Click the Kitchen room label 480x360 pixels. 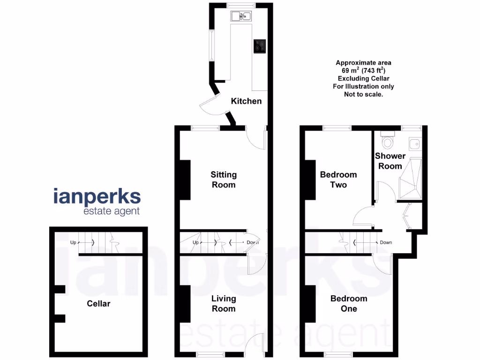(x=246, y=101)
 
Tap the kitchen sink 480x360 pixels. (x=242, y=17)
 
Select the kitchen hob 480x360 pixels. (x=260, y=46)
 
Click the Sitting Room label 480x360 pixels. (x=224, y=180)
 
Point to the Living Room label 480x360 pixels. (x=224, y=303)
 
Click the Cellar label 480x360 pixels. (x=99, y=304)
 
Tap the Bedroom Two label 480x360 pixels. (x=338, y=180)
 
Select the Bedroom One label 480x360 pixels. (x=349, y=303)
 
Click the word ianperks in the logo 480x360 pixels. (x=97, y=196)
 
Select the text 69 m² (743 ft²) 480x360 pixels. (x=363, y=70)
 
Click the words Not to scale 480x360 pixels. (x=363, y=94)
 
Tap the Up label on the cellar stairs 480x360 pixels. (x=73, y=242)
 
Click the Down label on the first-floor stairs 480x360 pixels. (x=386, y=242)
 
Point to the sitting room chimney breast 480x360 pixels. (x=184, y=180)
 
